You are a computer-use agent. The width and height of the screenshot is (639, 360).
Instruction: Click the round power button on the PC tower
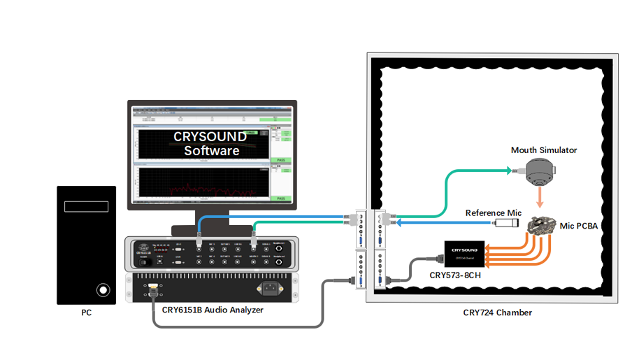[x=103, y=289]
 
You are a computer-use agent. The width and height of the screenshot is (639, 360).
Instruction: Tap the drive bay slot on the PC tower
[x=86, y=207]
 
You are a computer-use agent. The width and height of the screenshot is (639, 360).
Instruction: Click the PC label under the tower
[x=86, y=312]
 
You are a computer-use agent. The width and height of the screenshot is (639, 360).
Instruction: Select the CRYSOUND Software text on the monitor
[x=210, y=143]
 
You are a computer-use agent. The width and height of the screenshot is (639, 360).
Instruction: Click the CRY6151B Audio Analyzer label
[x=213, y=309]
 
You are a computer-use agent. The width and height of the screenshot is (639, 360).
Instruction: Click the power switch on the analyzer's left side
[x=143, y=262]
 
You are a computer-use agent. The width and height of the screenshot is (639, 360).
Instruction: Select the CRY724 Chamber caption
[x=497, y=312]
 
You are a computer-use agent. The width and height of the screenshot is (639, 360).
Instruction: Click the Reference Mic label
[x=494, y=213]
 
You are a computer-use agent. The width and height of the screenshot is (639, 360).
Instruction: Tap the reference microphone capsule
[x=505, y=224]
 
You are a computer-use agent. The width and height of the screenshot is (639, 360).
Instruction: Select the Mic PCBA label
[x=579, y=226]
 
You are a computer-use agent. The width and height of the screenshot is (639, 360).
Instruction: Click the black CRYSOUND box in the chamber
[x=464, y=253]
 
